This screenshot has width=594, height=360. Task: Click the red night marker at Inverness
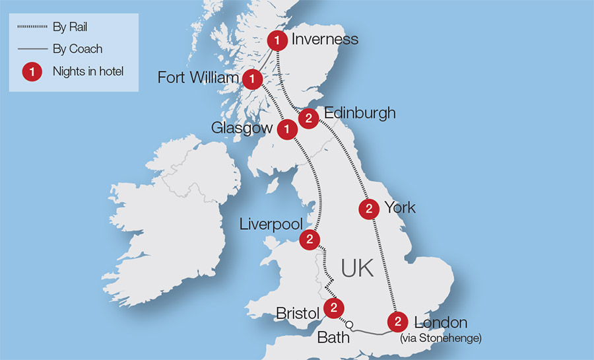[277, 41]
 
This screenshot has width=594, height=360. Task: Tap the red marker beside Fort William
[251, 79]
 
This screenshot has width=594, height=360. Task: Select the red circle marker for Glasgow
[286, 129]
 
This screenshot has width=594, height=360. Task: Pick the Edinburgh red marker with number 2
[308, 119]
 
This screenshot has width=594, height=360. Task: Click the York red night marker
[368, 209]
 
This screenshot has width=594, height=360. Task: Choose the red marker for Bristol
[335, 308]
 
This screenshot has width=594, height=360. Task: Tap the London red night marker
[397, 323]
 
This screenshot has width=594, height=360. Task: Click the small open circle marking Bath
[350, 324]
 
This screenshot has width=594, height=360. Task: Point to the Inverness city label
[325, 40]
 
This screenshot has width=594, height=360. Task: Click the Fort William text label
[198, 79]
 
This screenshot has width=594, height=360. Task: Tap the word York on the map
[400, 208]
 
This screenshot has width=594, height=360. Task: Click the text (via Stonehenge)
[440, 339]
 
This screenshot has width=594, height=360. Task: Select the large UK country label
[357, 268]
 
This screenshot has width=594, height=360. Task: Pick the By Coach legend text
[77, 49]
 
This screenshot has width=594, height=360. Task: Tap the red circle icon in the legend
[30, 71]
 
